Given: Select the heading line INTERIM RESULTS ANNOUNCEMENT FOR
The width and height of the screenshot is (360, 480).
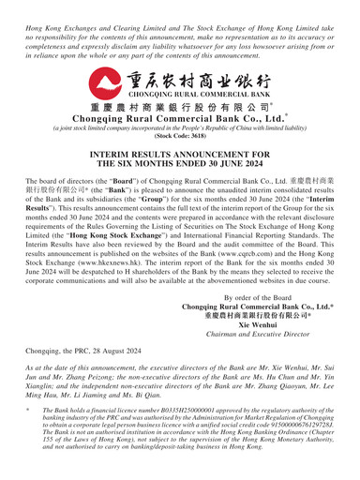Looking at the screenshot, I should tap(180, 170).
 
